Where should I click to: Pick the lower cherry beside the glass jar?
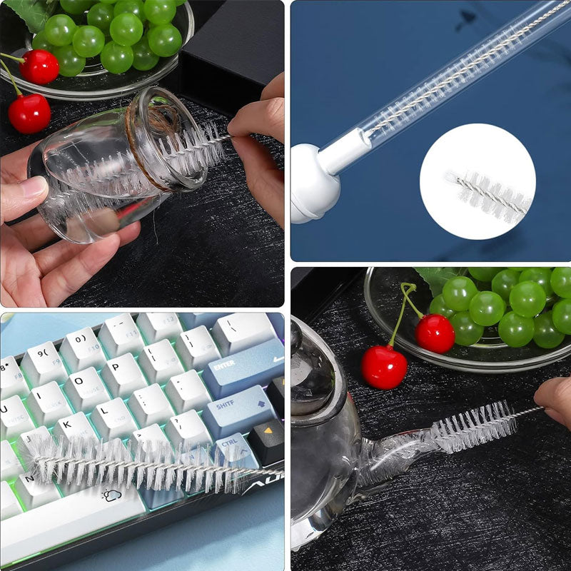(29, 113)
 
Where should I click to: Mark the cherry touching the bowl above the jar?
(39, 66)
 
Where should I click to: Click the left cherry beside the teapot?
(383, 366)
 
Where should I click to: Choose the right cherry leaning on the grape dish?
(435, 333)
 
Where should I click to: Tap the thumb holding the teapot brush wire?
(554, 400)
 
